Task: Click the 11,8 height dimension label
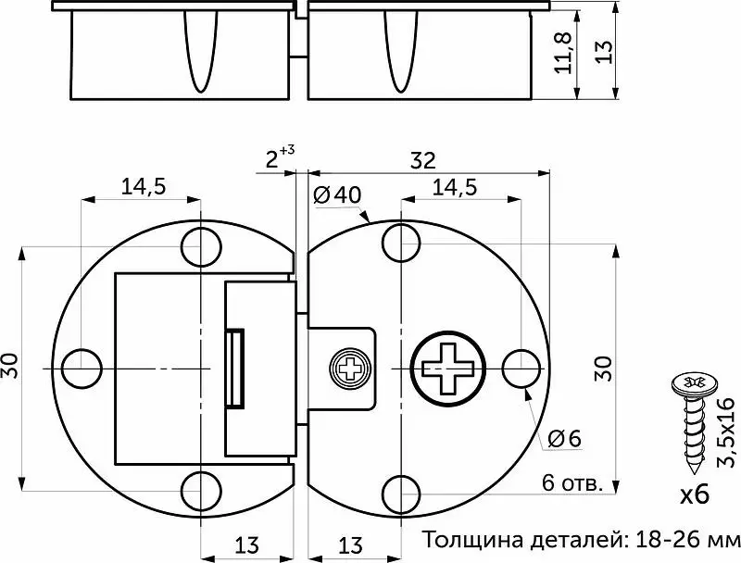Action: tap(563, 53)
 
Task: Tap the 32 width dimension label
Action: tap(422, 160)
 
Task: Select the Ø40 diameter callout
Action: tap(337, 194)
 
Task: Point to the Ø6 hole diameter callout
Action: tap(564, 439)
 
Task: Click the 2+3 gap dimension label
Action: tap(280, 157)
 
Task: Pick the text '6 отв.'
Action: tap(572, 483)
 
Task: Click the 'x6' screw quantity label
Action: tap(695, 494)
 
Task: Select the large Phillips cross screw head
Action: tap(448, 369)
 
